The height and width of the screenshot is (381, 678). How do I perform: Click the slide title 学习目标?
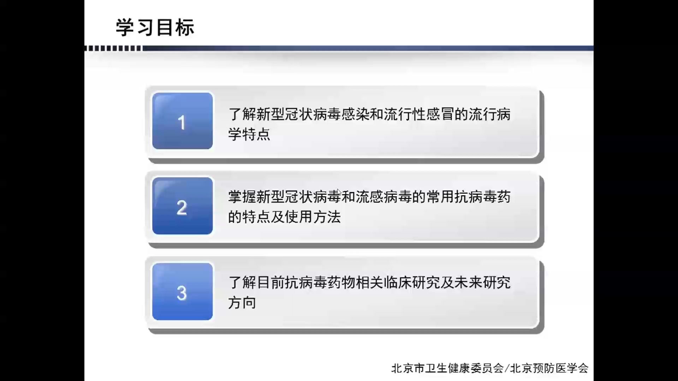tap(155, 28)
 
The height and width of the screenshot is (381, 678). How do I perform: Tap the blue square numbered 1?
tap(182, 121)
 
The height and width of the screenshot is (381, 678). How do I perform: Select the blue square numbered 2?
tap(182, 206)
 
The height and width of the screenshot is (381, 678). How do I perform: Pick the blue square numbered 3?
tap(182, 292)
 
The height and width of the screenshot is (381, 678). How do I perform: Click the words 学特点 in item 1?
tap(249, 134)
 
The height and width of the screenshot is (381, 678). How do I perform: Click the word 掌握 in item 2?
tap(242, 197)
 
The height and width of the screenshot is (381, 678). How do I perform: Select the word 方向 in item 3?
tap(242, 303)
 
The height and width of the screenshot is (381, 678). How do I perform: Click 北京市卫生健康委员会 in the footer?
tap(447, 368)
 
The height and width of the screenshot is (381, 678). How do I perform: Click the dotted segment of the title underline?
tap(113, 48)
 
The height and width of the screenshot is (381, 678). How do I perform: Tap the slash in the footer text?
tap(507, 368)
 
